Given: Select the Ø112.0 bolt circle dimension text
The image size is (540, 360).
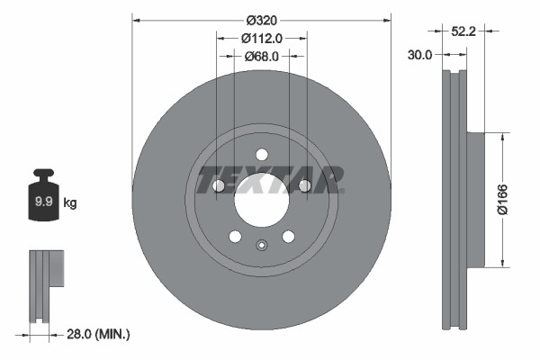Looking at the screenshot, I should pos(262,38).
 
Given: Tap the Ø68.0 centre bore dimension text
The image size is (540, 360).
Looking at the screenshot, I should pos(262,56).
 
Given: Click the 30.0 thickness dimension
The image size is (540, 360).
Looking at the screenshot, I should pos(419,54).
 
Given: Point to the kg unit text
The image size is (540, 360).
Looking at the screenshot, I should pos(71,203).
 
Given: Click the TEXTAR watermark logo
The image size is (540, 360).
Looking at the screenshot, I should pos(270,178).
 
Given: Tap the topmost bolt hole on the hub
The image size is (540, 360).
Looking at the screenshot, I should pos(262,154).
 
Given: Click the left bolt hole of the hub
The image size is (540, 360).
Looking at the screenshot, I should pos(219,185).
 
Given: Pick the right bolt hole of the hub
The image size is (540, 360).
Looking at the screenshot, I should pos(304,185).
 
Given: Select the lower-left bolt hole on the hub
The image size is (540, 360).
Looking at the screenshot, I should pos(235,236).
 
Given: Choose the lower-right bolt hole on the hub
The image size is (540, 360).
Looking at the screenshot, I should pos(288,236).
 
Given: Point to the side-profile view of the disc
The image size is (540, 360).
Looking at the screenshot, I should pos(457,199).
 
